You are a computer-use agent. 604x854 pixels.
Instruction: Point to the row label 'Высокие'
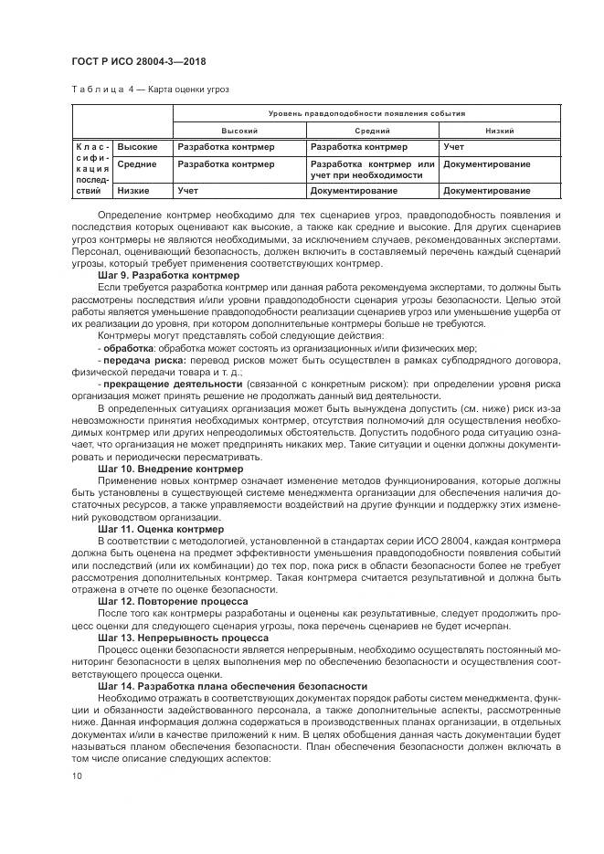pyautogui.click(x=137, y=146)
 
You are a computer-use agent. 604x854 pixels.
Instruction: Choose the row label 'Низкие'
pyautogui.click(x=133, y=191)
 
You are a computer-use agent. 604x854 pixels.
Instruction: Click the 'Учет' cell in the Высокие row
pyautogui.click(x=453, y=146)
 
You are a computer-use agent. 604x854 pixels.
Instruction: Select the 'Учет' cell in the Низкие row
pyautogui.click(x=188, y=191)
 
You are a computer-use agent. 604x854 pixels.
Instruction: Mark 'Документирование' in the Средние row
pyautogui.click(x=486, y=164)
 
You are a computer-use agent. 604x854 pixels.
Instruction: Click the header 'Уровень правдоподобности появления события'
pyautogui.click(x=366, y=114)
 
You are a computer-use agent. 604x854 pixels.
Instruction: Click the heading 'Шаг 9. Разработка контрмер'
pyautogui.click(x=168, y=274)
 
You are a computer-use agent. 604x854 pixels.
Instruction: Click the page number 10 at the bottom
pyautogui.click(x=77, y=775)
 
